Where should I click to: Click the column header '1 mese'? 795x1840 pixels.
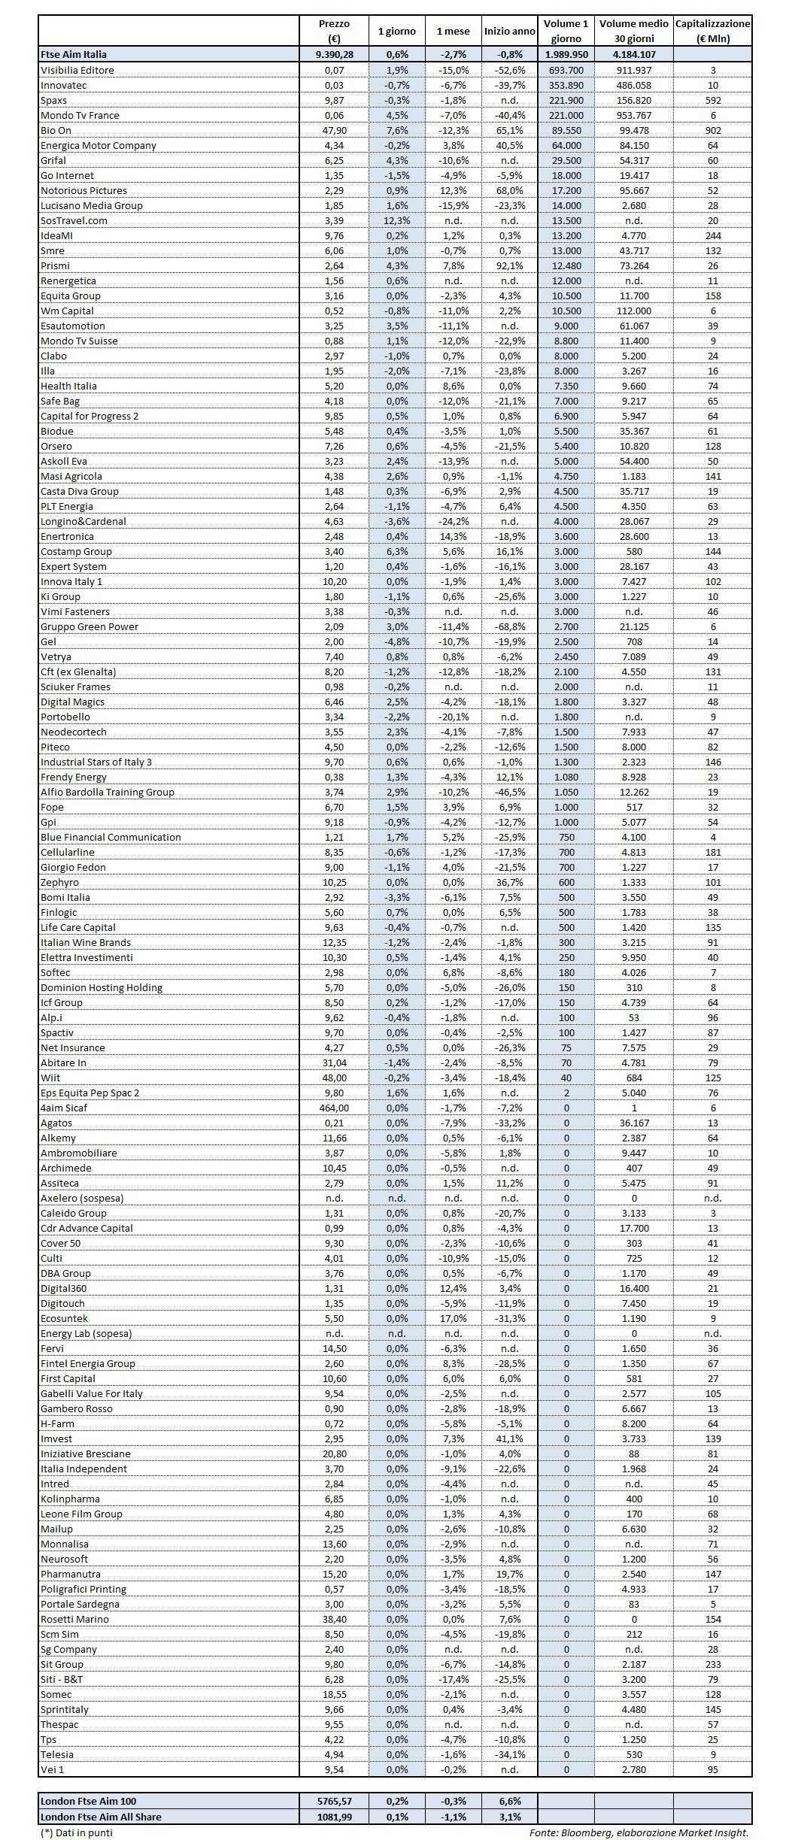point(453,32)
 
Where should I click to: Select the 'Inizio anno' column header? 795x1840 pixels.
point(509,32)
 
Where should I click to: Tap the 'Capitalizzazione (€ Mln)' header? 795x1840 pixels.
point(712,32)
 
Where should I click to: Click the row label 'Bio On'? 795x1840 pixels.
point(56,130)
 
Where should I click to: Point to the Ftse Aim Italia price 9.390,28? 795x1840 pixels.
point(334,54)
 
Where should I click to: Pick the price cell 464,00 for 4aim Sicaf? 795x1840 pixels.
point(334,1108)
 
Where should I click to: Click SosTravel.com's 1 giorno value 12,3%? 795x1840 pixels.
point(396,220)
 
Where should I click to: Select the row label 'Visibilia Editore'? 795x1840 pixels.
point(77,70)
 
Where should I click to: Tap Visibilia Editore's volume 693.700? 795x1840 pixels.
point(566,70)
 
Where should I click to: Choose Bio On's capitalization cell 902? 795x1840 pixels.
point(712,130)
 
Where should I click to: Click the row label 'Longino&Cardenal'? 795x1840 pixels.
point(83,521)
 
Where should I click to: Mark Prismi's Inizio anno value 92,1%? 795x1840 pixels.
point(509,265)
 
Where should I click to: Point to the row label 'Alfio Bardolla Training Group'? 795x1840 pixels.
point(108,792)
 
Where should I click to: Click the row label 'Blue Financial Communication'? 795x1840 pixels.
point(111,837)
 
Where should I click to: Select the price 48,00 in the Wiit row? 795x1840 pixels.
point(334,1078)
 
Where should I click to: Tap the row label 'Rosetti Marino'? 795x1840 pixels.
point(74,1619)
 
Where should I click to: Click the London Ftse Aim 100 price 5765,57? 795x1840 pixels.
point(334,1801)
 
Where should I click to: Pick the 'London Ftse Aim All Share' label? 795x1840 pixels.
point(101,1816)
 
